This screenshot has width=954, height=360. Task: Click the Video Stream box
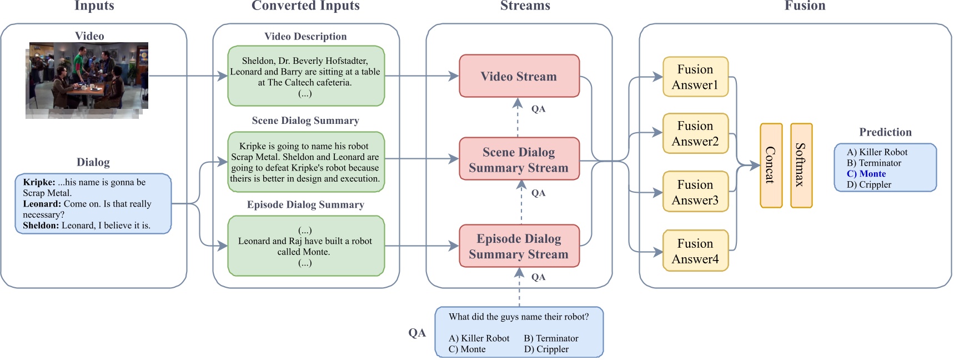pyautogui.click(x=519, y=76)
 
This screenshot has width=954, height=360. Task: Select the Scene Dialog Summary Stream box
pyautogui.click(x=519, y=159)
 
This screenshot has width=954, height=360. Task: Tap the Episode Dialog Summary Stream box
pyautogui.click(x=519, y=246)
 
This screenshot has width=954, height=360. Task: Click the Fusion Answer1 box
pyautogui.click(x=695, y=77)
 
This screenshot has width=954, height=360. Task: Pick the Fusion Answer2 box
pyautogui.click(x=695, y=134)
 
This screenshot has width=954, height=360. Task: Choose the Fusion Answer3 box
pyautogui.click(x=695, y=192)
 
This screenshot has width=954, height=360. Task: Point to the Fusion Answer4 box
pyautogui.click(x=695, y=251)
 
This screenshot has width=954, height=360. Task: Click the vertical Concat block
pyautogui.click(x=771, y=166)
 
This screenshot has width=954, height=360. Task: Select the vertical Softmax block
pyautogui.click(x=801, y=166)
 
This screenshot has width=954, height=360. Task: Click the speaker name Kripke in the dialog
pyautogui.click(x=38, y=182)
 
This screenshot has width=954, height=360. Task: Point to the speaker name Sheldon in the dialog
pyautogui.click(x=40, y=226)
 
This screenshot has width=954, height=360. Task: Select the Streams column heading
pyautogui.click(x=525, y=6)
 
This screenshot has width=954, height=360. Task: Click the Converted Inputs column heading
pyautogui.click(x=305, y=6)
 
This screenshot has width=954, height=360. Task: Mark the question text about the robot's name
pyautogui.click(x=519, y=317)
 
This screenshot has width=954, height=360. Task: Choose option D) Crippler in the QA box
pyautogui.click(x=546, y=349)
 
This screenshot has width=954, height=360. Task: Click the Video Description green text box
pyautogui.click(x=305, y=77)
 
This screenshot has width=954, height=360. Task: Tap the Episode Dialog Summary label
pyautogui.click(x=305, y=205)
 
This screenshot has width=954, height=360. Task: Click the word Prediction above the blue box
pyautogui.click(x=885, y=132)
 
